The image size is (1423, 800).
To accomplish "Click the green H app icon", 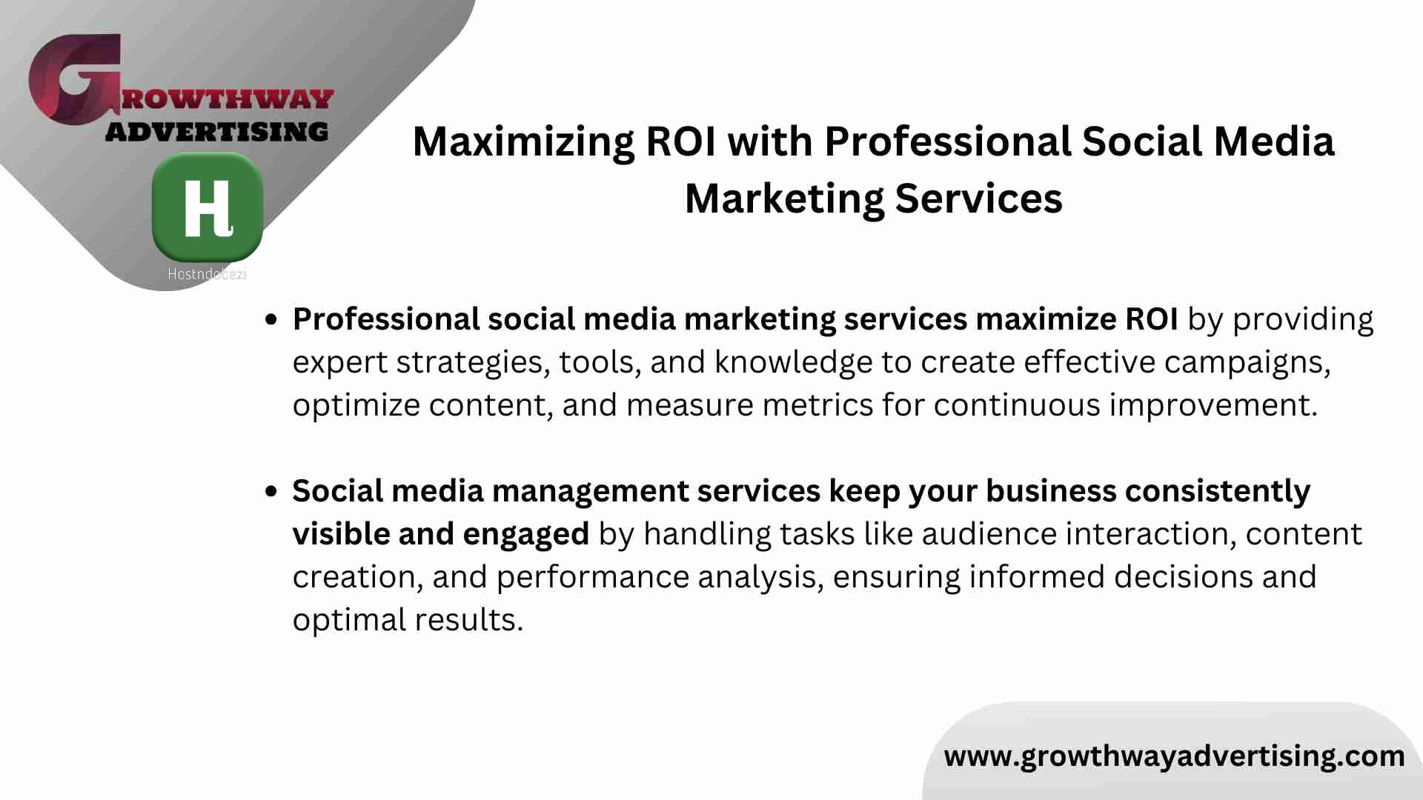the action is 208,207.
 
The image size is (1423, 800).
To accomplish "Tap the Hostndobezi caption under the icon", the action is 207,274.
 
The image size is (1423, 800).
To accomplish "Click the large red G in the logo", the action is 75,79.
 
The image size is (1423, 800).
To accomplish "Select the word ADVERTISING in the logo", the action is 216,132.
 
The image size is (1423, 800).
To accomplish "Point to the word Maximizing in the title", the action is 523,142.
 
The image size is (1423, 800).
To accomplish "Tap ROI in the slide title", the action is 681,141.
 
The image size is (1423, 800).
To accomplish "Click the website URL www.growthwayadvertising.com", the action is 1174,756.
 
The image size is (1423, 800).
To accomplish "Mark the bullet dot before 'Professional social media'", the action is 271,320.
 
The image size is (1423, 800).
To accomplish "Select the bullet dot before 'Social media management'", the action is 271,491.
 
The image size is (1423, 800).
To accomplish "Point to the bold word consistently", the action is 1218,491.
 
